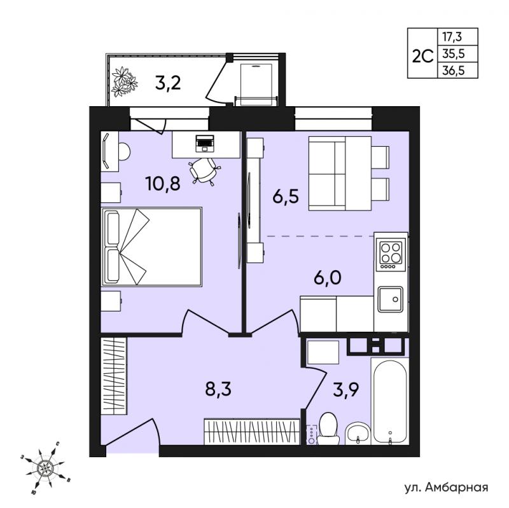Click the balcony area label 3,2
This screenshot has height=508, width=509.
168,83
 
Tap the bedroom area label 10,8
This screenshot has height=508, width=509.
163,184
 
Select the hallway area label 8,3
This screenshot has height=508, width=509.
218,388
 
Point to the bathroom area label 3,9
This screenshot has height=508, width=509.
345,390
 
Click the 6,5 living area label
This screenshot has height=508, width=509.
286,196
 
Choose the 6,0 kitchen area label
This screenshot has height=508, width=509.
328,277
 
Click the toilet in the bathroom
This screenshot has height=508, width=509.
328,429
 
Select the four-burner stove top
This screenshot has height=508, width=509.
391,255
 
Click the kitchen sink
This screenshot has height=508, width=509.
390,299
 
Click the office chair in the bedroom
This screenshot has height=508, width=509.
204,170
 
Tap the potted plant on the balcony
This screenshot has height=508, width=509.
124,81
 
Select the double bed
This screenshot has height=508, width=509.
151,247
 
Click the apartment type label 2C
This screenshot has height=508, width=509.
422,57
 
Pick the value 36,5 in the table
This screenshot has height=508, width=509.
453,71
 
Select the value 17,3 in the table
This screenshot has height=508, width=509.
452,37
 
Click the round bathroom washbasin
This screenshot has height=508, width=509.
358,434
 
